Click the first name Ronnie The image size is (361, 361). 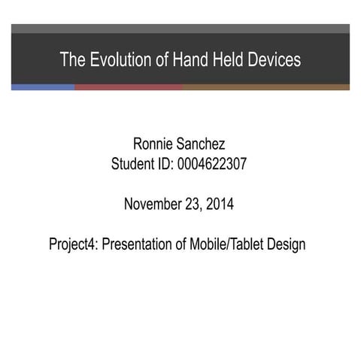(x=155, y=144)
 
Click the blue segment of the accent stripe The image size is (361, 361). (x=43, y=87)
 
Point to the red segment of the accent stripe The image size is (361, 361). (x=128, y=87)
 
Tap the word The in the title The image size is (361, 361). (x=73, y=59)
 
